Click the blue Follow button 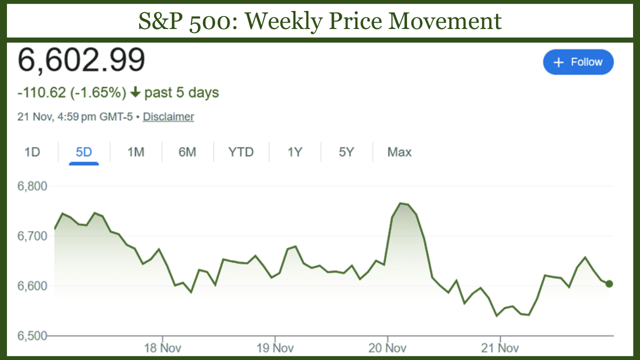click(x=578, y=62)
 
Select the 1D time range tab click(x=32, y=152)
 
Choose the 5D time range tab click(x=84, y=152)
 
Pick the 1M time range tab click(x=135, y=152)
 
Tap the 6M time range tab click(x=187, y=152)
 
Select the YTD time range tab click(x=241, y=152)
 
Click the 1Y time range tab click(x=294, y=152)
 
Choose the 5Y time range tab click(x=346, y=152)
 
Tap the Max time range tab click(x=399, y=152)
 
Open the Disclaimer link click(x=168, y=117)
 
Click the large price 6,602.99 click(x=81, y=59)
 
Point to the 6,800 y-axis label click(x=32, y=186)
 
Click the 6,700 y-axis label click(x=32, y=235)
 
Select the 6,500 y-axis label click(x=32, y=335)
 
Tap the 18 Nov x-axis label click(x=162, y=347)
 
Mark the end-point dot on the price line click(x=608, y=284)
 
